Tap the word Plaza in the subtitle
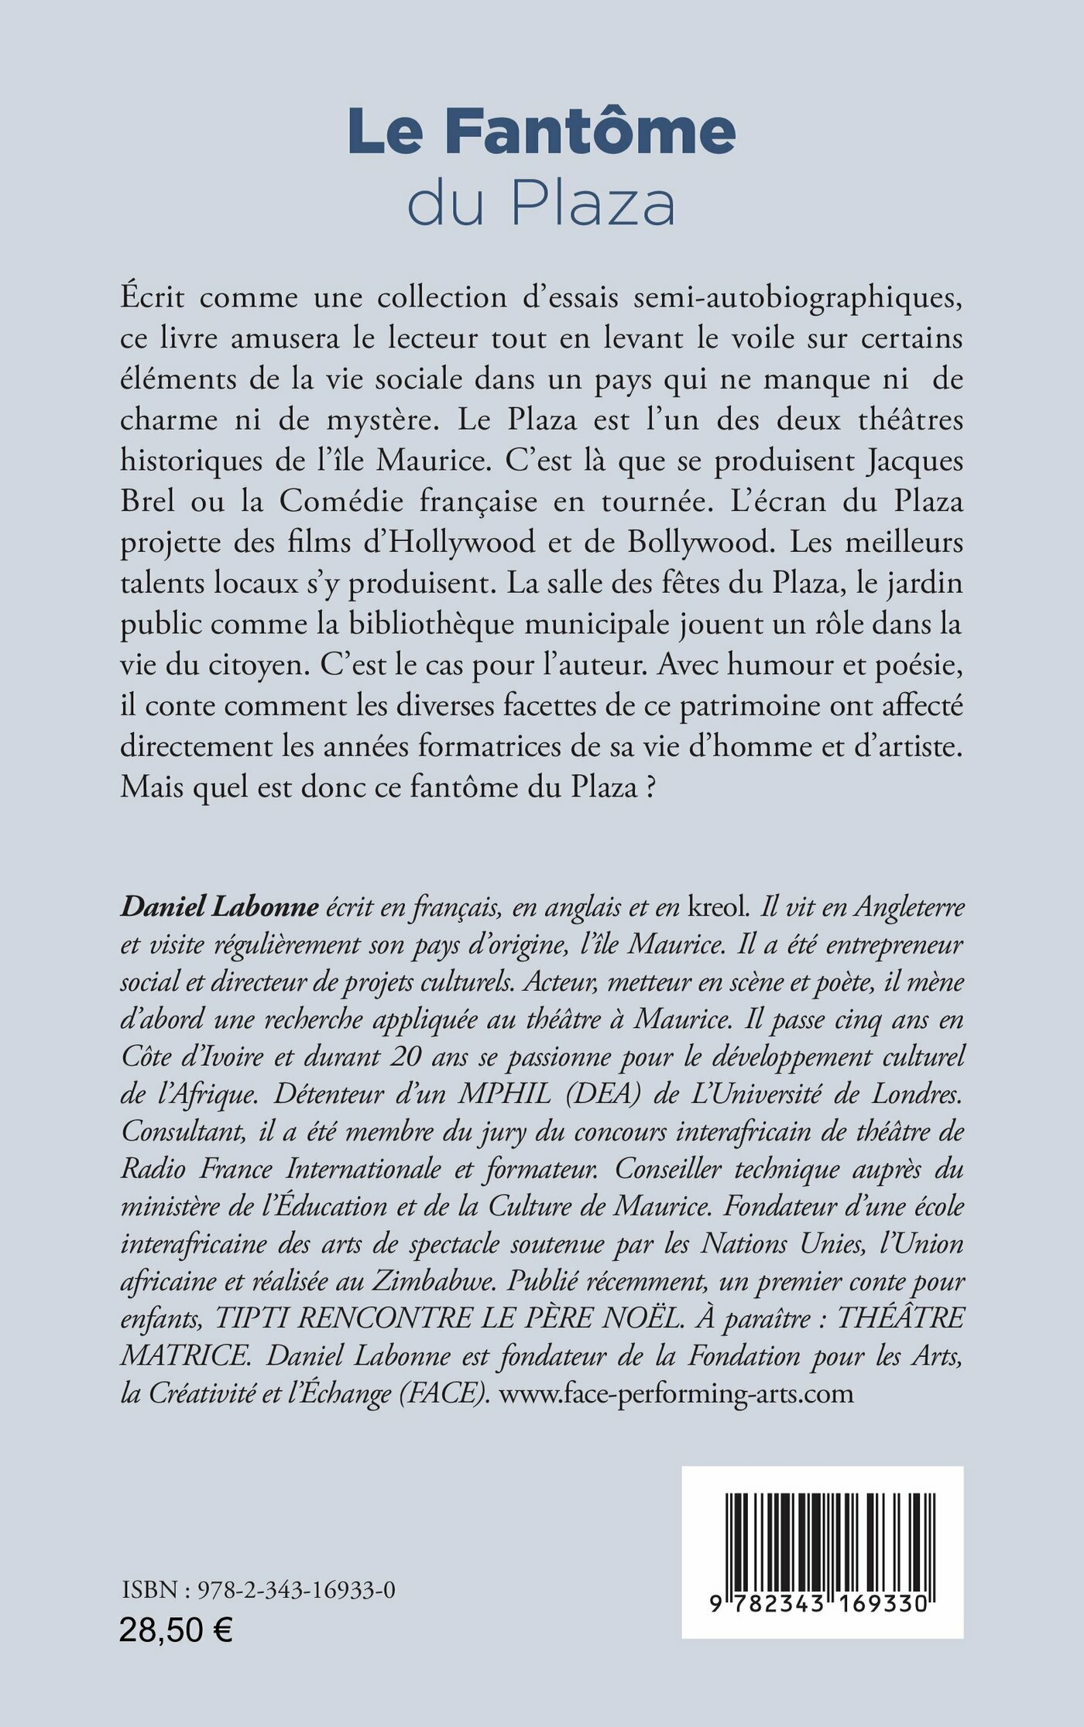coord(593,204)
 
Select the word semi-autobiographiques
coord(798,298)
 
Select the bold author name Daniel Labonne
coord(219,906)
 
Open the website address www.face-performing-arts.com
coord(676,1393)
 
